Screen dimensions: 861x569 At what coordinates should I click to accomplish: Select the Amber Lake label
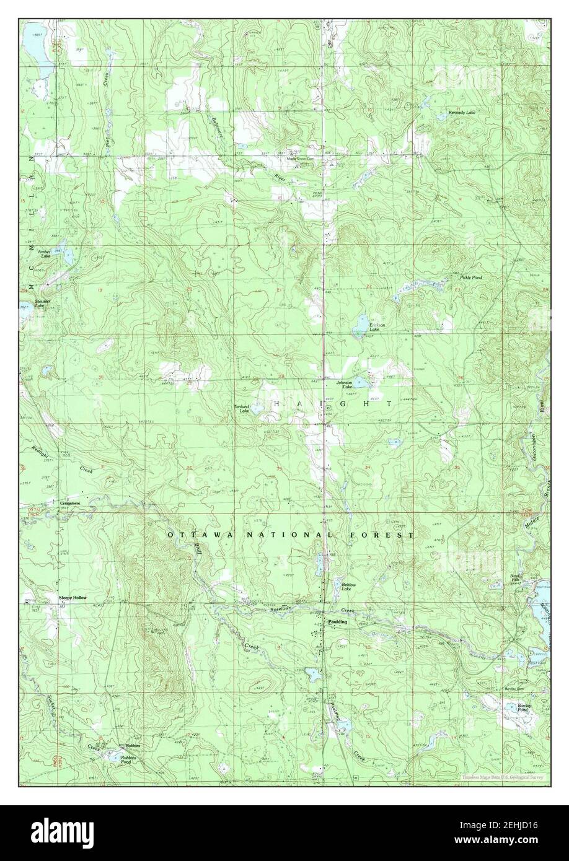(44, 253)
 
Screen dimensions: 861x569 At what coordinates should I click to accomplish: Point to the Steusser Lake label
(42, 304)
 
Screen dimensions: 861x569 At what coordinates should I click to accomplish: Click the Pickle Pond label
(470, 278)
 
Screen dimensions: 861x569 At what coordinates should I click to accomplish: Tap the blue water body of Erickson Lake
(359, 325)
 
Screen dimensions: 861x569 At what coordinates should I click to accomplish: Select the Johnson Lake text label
(344, 385)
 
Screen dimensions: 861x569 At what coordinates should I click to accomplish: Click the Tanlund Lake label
(241, 408)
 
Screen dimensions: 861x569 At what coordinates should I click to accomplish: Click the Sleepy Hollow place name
(73, 598)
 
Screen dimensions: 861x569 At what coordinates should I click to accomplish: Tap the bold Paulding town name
(338, 620)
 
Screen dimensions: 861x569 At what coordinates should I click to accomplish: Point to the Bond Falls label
(514, 579)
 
